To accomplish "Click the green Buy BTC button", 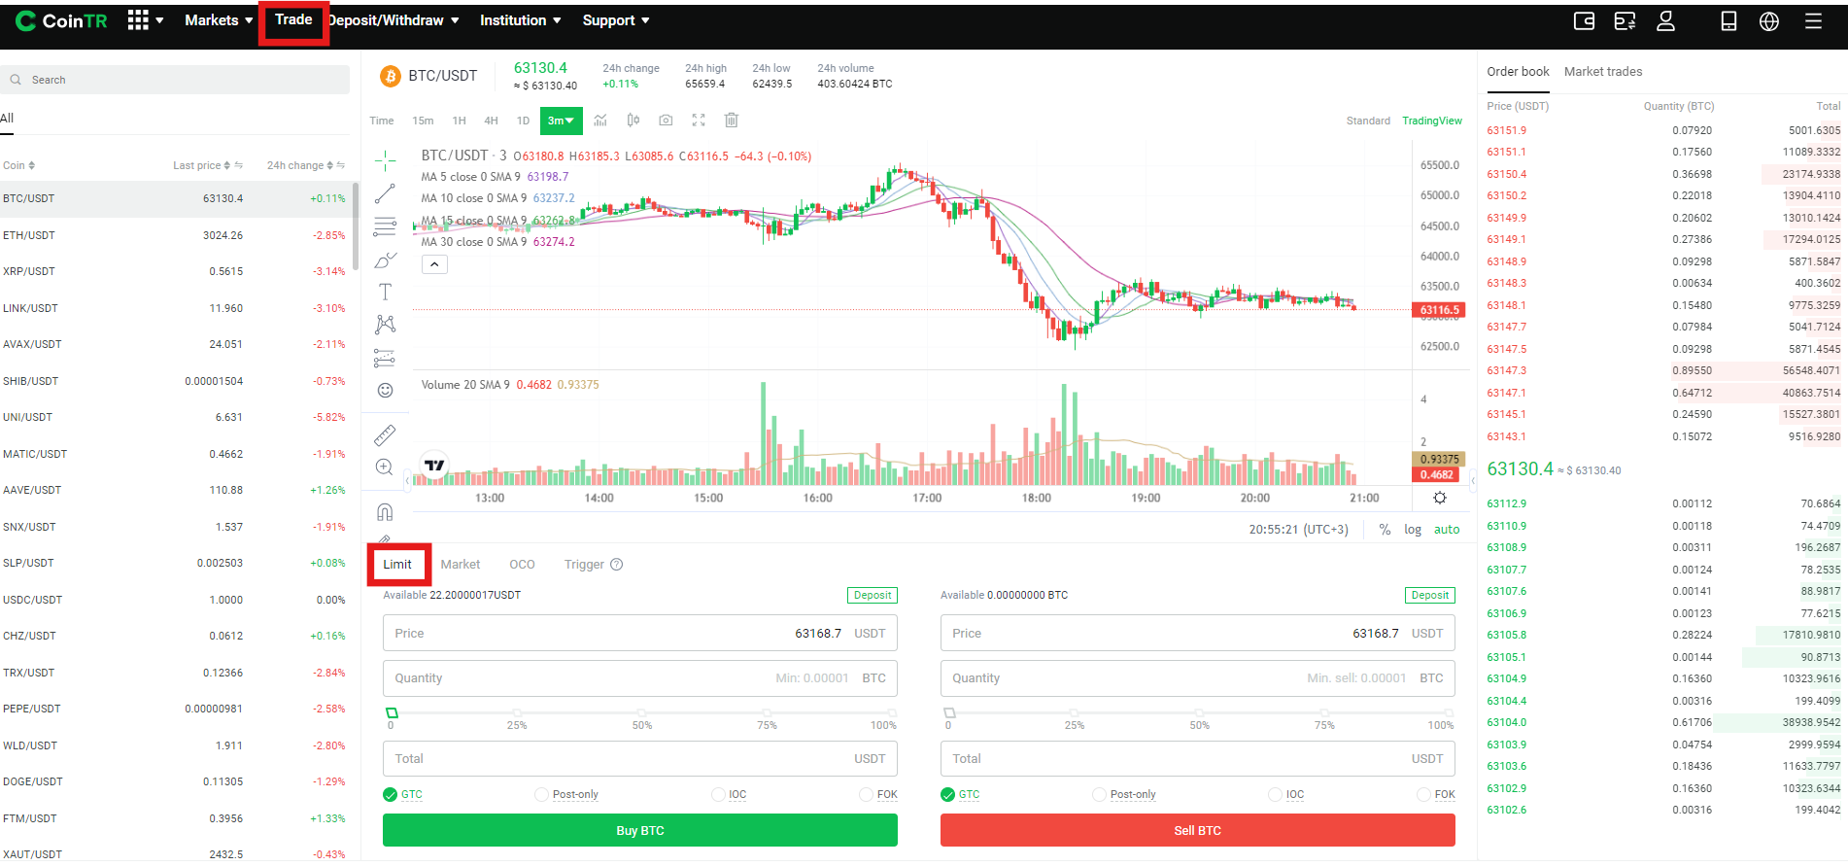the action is pyautogui.click(x=639, y=830).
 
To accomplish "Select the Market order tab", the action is pyautogui.click(x=460, y=565).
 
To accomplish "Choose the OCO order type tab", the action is pyautogui.click(x=522, y=565).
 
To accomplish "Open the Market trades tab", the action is pyautogui.click(x=1603, y=72).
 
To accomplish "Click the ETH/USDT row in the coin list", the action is pyautogui.click(x=175, y=235).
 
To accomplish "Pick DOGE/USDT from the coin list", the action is pyautogui.click(x=175, y=781).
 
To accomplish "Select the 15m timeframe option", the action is pyautogui.click(x=423, y=121).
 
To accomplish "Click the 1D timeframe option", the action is pyautogui.click(x=523, y=121).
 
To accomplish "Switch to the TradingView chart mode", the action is pyautogui.click(x=1431, y=121).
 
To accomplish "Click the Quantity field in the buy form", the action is pyautogui.click(x=639, y=678).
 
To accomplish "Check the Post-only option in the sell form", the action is pyautogui.click(x=1099, y=795).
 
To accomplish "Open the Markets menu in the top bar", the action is pyautogui.click(x=219, y=20).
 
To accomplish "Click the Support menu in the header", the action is pyautogui.click(x=616, y=20).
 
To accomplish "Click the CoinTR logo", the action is pyautogui.click(x=61, y=20).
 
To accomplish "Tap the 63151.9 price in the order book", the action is pyautogui.click(x=1506, y=130).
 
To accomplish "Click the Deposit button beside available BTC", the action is pyautogui.click(x=1430, y=595).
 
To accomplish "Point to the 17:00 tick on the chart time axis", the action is pyautogui.click(x=927, y=498).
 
